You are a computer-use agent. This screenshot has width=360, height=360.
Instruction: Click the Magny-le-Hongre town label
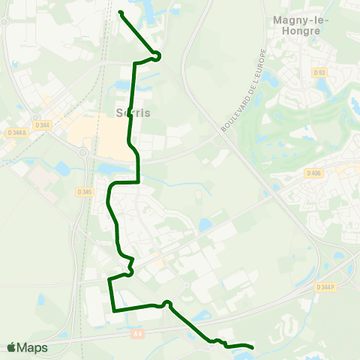pyautogui.click(x=297, y=25)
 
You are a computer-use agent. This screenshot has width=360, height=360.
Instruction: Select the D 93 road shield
pyautogui.click(x=319, y=72)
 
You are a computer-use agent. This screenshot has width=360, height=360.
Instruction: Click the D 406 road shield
pyautogui.click(x=313, y=172)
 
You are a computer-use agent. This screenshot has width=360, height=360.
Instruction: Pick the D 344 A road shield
pyautogui.click(x=13, y=133)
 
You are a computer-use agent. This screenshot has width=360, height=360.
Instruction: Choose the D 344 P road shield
pyautogui.click(x=325, y=287)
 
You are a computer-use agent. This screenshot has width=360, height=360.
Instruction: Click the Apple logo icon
pyautogui.click(x=11, y=347)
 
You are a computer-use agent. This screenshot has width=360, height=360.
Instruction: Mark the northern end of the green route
pyautogui.click(x=121, y=11)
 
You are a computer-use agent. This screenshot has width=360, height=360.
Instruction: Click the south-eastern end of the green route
pyautogui.click(x=251, y=347)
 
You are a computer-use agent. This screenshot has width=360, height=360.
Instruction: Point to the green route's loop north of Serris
pyautogui.click(x=156, y=55)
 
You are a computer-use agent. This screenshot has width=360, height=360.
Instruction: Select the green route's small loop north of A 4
pyautogui.click(x=167, y=303)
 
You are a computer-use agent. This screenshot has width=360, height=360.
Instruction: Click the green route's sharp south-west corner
pyautogui.click(x=113, y=310)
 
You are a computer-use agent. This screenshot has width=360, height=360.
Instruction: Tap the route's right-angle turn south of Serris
pyautogui.click(x=139, y=181)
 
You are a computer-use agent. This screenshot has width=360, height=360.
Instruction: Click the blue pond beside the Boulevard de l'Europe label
pyautogui.click(x=205, y=224)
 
